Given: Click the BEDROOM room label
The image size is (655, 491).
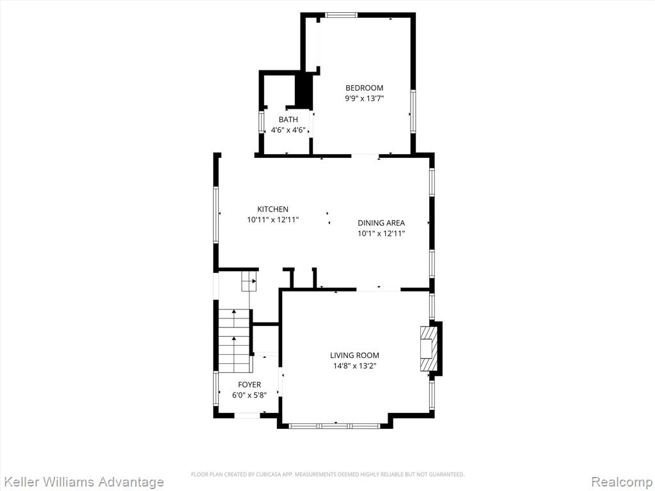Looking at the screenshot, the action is [x=364, y=88].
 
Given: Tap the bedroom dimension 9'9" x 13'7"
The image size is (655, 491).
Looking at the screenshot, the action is [x=364, y=98].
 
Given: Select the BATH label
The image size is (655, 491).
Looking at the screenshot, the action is [x=288, y=120].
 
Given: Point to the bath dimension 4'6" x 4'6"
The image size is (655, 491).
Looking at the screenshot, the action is [x=288, y=130].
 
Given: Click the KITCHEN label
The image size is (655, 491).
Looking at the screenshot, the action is [x=272, y=209].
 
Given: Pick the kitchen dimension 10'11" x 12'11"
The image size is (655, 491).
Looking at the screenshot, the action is [x=272, y=220].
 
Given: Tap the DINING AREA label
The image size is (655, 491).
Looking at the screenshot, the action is [x=381, y=223].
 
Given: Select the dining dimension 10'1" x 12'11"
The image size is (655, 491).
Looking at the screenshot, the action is [x=381, y=233].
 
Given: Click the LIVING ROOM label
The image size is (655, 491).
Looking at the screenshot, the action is [x=354, y=355].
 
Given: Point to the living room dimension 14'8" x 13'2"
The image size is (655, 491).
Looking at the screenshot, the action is [x=354, y=366].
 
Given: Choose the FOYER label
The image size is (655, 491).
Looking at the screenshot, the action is [x=249, y=384].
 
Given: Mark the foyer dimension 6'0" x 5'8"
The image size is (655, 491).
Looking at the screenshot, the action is [x=249, y=395].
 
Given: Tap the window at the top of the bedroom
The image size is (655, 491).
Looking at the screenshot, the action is [x=342, y=15].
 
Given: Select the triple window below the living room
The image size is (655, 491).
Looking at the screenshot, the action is [x=335, y=426].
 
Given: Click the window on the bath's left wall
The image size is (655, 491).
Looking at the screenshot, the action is [x=262, y=122].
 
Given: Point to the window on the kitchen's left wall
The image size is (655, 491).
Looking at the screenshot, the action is [x=216, y=215].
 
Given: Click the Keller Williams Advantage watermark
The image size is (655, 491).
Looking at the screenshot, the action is [x=83, y=482].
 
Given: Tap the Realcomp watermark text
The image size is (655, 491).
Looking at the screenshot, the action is [x=622, y=482].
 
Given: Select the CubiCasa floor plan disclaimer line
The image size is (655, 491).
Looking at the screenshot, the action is [x=327, y=474].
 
